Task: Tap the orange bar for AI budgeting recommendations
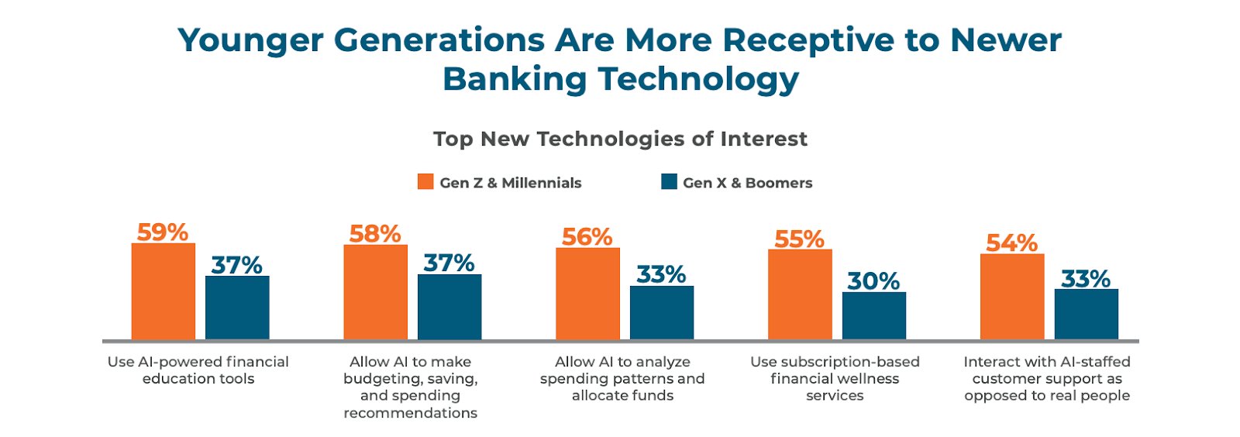pos(375,292)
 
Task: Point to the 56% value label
pos(587,236)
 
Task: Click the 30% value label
pos(873,280)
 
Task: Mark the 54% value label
pos(1011,243)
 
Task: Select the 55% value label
pos(799,239)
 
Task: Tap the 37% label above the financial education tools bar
pos(236,265)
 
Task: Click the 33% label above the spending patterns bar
pos(661,274)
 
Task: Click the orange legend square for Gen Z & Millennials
pos(425,182)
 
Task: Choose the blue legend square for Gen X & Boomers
pos(669,182)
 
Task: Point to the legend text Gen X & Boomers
pos(747,183)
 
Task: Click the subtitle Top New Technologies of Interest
pos(620,139)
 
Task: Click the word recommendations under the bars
pos(410,413)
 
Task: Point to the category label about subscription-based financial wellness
pos(835,378)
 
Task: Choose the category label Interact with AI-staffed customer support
pos(1046,378)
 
